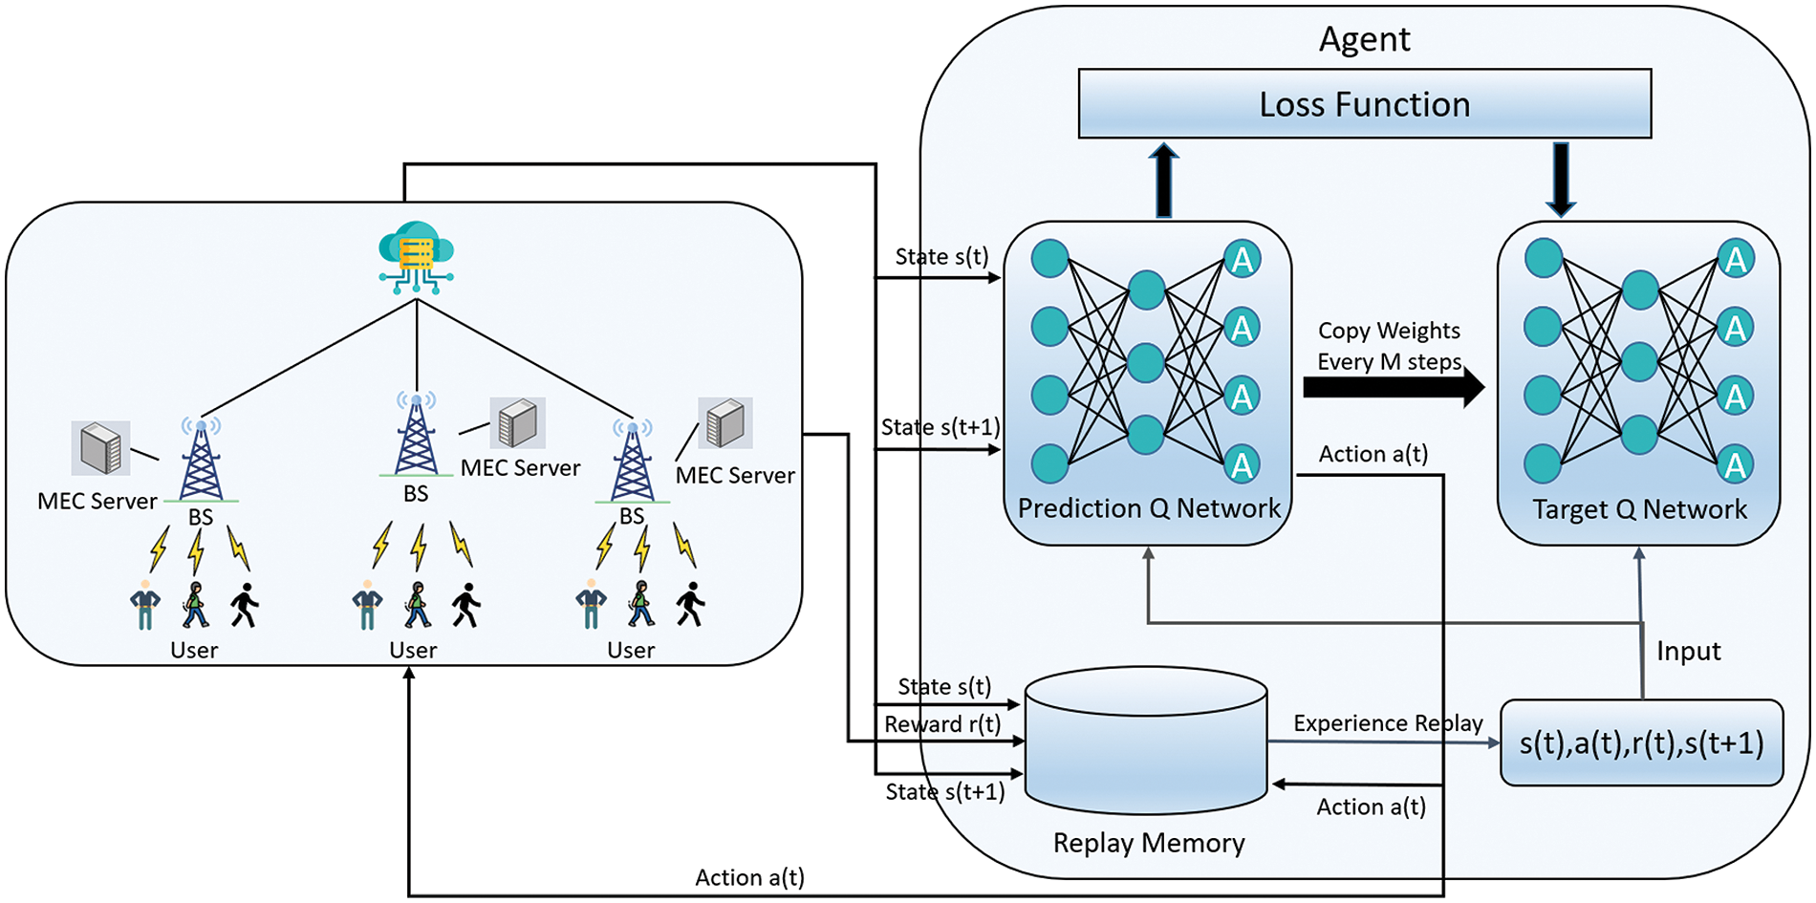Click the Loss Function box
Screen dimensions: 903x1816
[x=1364, y=103]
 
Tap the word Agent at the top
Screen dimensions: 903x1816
[x=1364, y=39]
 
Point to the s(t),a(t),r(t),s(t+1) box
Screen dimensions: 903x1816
[x=1641, y=742]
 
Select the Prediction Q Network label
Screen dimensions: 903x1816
[x=1148, y=508]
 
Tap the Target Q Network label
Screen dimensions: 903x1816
[x=1639, y=509]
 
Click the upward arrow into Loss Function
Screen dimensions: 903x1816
[x=1163, y=180]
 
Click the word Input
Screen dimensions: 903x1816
[x=1688, y=651]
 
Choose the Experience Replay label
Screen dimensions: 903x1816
[x=1388, y=723]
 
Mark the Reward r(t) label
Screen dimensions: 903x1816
[x=941, y=724]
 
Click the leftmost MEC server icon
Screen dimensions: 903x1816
[x=100, y=447]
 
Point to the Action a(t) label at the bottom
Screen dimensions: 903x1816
[x=749, y=877]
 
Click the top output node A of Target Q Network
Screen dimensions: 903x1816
[x=1735, y=259]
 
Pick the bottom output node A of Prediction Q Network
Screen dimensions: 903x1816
[x=1242, y=464]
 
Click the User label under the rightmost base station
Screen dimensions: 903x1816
[x=631, y=651]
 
